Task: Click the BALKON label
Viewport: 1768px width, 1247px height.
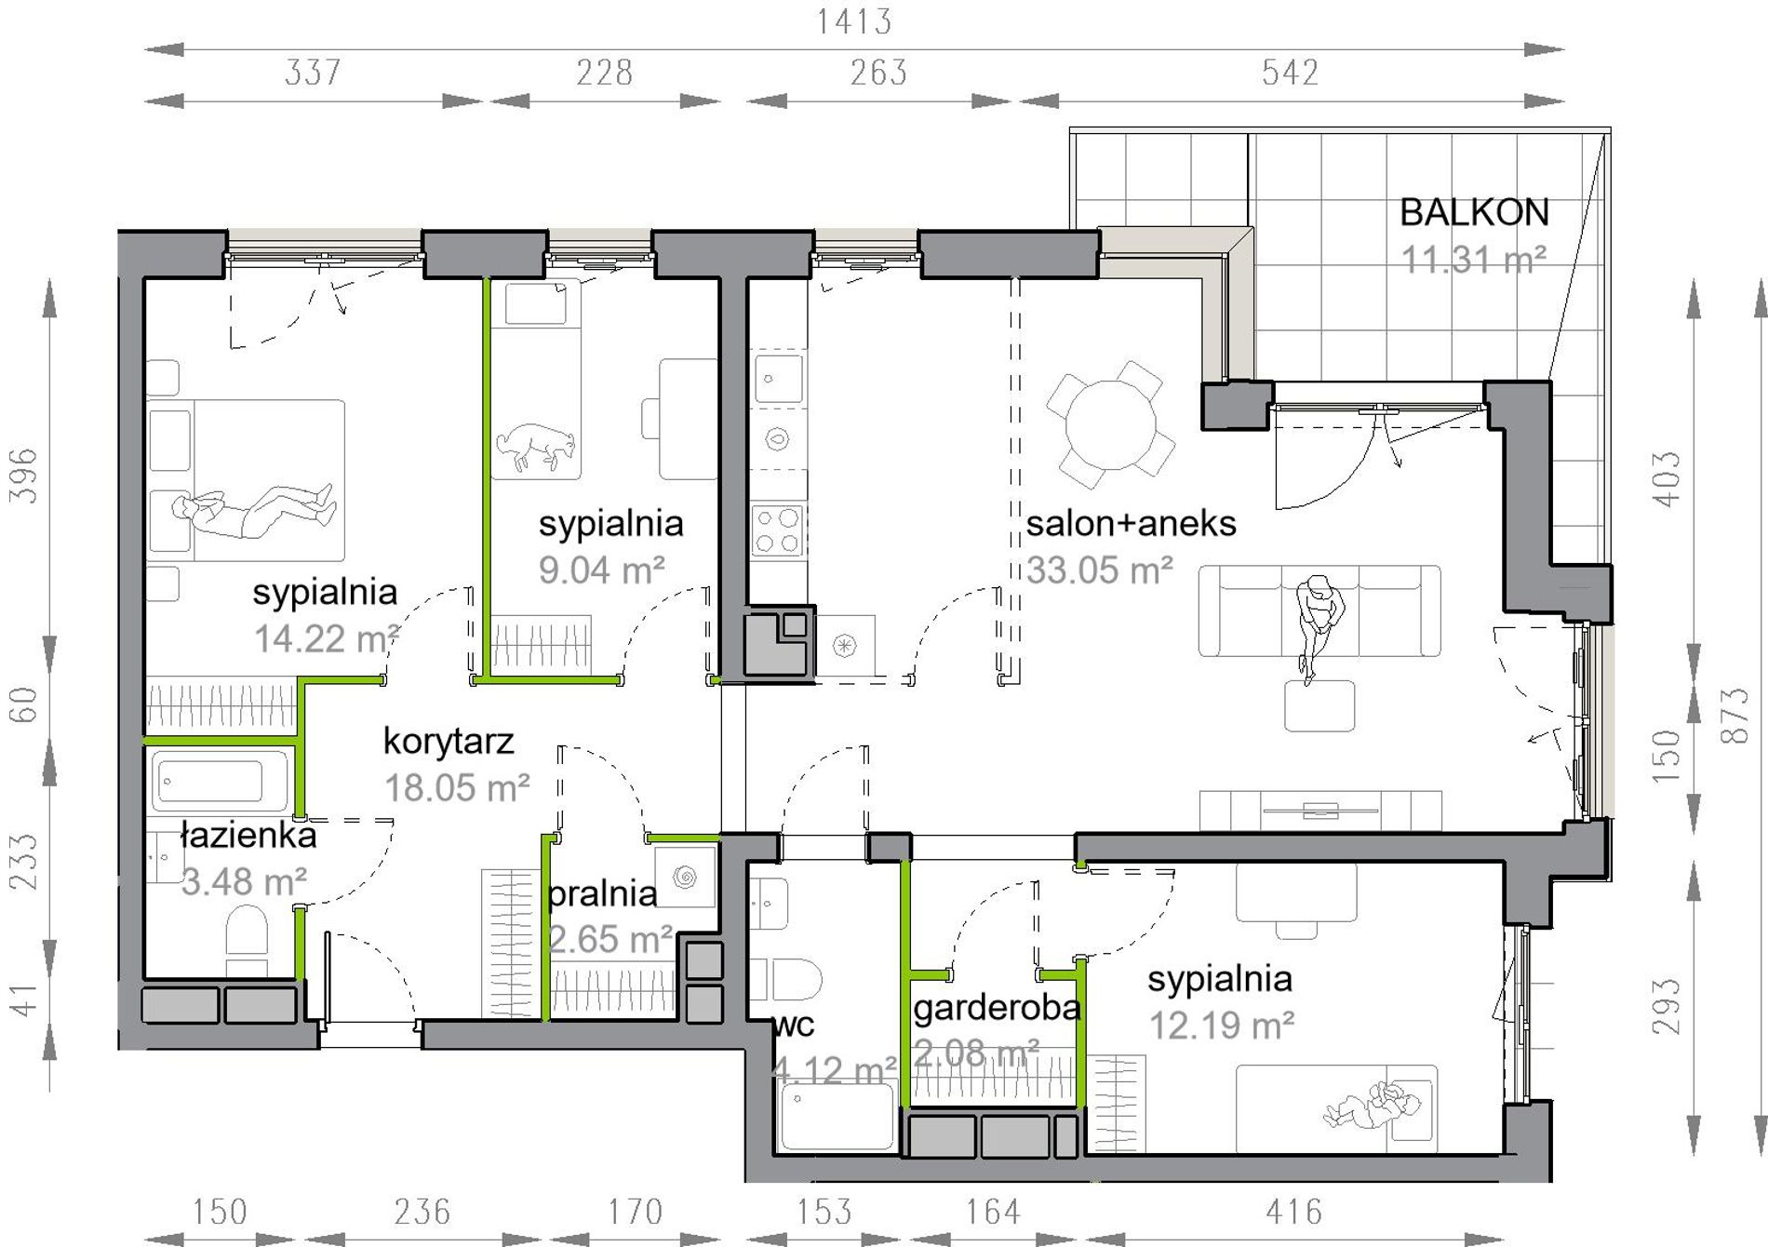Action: click(x=1474, y=213)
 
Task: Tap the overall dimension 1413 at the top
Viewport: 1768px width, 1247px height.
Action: click(x=854, y=21)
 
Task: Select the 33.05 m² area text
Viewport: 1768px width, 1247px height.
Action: click(x=1099, y=570)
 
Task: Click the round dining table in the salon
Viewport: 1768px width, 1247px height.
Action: click(x=1110, y=424)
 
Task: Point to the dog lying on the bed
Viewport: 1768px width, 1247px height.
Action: click(x=535, y=446)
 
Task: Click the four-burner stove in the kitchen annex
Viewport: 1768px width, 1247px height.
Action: click(x=777, y=530)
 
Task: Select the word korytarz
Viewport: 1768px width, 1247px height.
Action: click(x=449, y=742)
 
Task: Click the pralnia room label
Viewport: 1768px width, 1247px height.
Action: click(x=602, y=893)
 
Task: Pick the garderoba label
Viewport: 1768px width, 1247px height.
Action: click(x=997, y=1008)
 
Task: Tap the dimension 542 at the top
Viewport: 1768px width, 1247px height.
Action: click(x=1290, y=73)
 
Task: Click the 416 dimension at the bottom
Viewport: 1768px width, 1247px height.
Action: click(x=1293, y=1212)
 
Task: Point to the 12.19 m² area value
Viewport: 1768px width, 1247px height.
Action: click(x=1222, y=1026)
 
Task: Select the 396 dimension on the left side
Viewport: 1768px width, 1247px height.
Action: click(x=23, y=476)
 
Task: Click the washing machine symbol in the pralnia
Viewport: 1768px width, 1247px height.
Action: click(x=685, y=877)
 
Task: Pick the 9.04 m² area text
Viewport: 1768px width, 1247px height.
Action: click(x=602, y=570)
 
